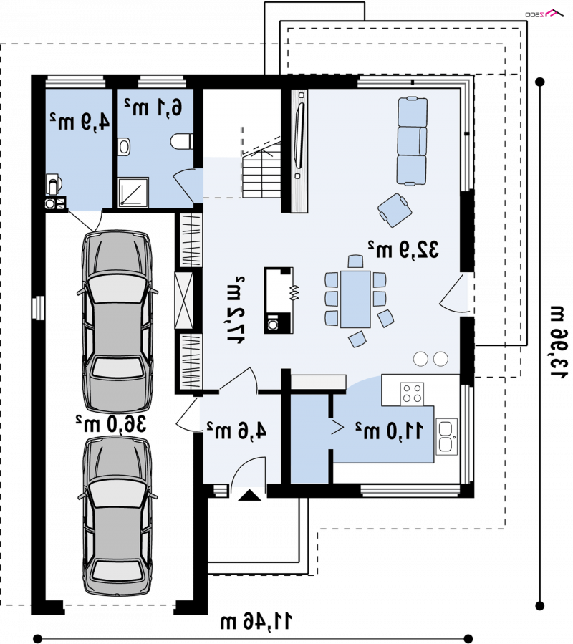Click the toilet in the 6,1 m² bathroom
[x=181, y=142]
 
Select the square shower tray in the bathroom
[x=133, y=192]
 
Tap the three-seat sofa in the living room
[x=412, y=141]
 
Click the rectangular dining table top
[x=356, y=299]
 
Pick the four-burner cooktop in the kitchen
[x=412, y=393]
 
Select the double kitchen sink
[x=446, y=436]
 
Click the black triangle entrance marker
[x=250, y=495]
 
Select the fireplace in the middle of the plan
[x=279, y=300]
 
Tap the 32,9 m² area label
[x=403, y=249]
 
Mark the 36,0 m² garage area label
[x=110, y=423]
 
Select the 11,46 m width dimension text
[x=256, y=621]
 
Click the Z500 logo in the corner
[x=544, y=14]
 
